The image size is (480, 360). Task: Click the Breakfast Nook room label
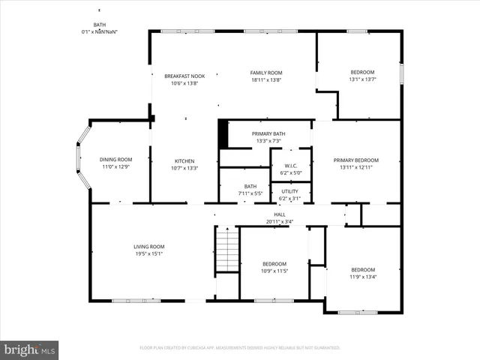click(184, 76)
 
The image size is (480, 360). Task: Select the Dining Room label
click(115, 159)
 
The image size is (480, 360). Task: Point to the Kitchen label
click(184, 161)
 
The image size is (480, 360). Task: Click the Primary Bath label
click(268, 133)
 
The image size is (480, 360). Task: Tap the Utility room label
click(289, 191)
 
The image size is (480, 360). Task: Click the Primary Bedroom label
click(356, 160)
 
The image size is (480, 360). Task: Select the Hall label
click(279, 214)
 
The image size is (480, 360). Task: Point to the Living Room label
click(148, 247)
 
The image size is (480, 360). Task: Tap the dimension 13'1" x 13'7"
click(362, 79)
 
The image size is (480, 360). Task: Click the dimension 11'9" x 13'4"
click(363, 277)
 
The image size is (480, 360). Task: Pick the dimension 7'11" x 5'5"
click(250, 193)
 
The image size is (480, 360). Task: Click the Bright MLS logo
click(29, 349)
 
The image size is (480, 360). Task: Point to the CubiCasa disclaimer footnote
click(240, 348)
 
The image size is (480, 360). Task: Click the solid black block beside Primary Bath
click(223, 133)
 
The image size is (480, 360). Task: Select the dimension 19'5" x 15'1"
click(148, 253)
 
